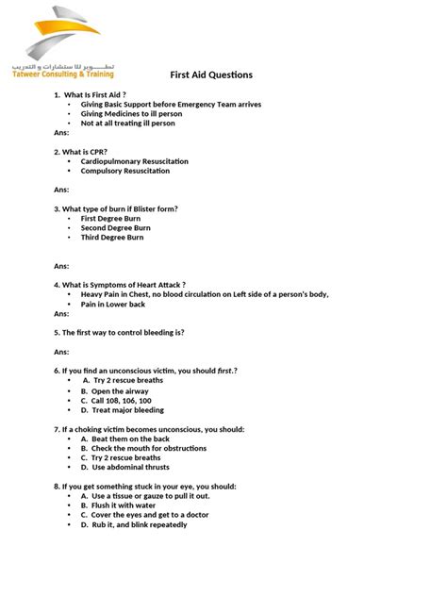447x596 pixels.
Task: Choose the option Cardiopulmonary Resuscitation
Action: pyautogui.click(x=135, y=161)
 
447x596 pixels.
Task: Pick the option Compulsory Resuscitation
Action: pyautogui.click(x=125, y=171)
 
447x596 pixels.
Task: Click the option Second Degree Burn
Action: pyautogui.click(x=115, y=227)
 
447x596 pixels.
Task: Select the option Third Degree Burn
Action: pyautogui.click(x=112, y=238)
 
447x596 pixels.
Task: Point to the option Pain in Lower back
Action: pyautogui.click(x=113, y=304)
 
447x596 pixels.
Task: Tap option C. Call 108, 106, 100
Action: pyautogui.click(x=116, y=401)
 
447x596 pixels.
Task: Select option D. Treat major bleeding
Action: pyautogui.click(x=122, y=410)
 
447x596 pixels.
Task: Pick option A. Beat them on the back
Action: pyautogui.click(x=124, y=439)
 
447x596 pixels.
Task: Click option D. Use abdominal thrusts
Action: pyautogui.click(x=125, y=467)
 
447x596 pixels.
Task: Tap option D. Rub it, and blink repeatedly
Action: pyautogui.click(x=134, y=524)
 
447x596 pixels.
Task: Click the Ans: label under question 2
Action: pyautogui.click(x=61, y=190)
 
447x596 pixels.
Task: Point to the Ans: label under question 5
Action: pyautogui.click(x=61, y=351)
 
